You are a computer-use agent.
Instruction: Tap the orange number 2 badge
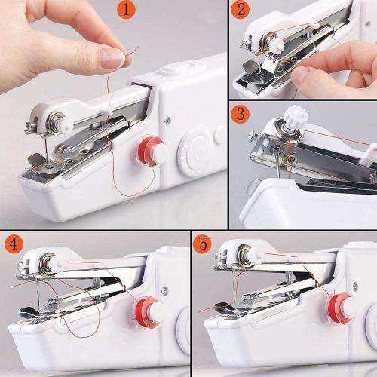tap(241, 11)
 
